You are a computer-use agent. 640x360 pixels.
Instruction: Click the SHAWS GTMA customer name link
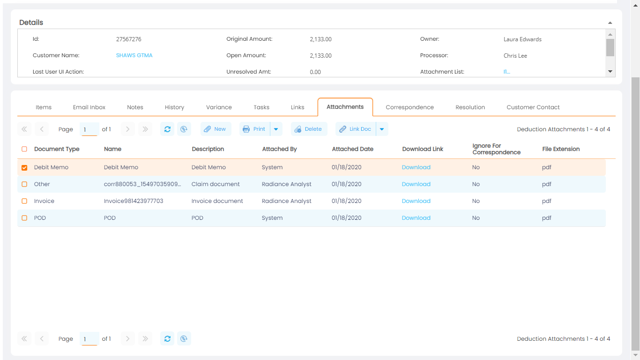point(134,55)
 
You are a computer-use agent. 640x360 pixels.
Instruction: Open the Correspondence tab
point(409,107)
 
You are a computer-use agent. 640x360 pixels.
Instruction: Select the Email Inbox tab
point(89,107)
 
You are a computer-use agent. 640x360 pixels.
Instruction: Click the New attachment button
point(216,129)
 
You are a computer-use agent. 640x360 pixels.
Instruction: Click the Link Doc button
point(356,129)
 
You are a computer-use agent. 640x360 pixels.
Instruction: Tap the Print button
point(254,129)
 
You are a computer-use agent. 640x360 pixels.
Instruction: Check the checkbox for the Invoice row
point(24,201)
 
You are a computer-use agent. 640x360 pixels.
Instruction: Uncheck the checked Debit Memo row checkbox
point(24,167)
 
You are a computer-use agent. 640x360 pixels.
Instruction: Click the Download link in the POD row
point(416,218)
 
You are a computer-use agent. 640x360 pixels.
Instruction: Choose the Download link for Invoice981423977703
point(416,201)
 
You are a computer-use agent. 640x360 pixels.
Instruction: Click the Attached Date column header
point(352,149)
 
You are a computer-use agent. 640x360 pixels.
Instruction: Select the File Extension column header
point(561,149)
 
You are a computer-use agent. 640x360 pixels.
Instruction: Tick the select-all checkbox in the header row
point(24,149)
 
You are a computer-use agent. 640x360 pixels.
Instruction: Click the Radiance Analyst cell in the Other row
point(286,184)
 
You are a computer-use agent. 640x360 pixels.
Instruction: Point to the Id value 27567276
point(129,39)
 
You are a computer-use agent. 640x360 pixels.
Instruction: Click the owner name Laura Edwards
point(522,39)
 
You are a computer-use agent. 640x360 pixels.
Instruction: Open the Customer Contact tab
point(533,107)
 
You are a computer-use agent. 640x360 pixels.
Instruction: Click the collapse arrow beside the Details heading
point(610,22)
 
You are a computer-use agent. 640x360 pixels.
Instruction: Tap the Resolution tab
point(470,107)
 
